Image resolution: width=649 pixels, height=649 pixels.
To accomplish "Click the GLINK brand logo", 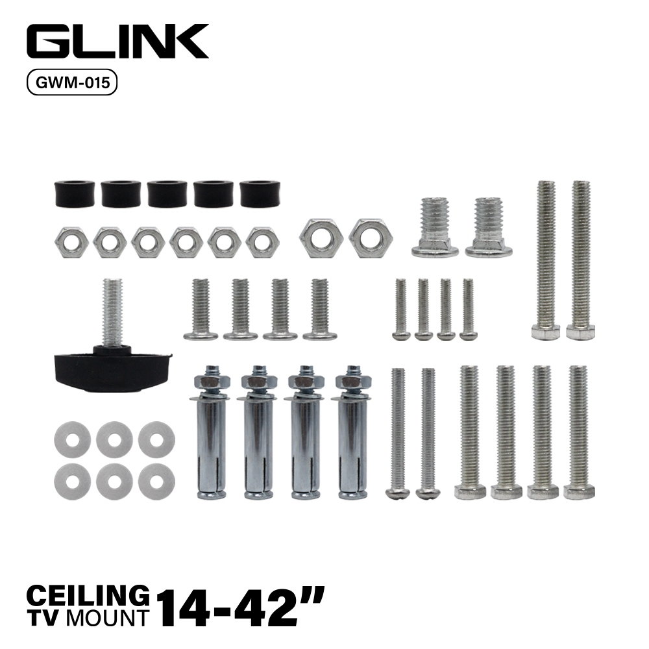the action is [x=117, y=41].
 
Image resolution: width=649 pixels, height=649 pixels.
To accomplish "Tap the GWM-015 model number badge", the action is [x=72, y=82].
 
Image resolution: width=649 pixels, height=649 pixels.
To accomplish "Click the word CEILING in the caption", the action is [x=88, y=596].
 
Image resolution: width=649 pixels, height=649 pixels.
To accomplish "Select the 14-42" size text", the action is [x=240, y=606].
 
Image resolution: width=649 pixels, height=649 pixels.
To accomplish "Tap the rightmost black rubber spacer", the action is [x=259, y=193].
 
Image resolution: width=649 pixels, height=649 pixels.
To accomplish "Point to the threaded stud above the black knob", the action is [x=112, y=312].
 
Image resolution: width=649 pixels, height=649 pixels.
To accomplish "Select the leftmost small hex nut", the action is [x=71, y=243].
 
